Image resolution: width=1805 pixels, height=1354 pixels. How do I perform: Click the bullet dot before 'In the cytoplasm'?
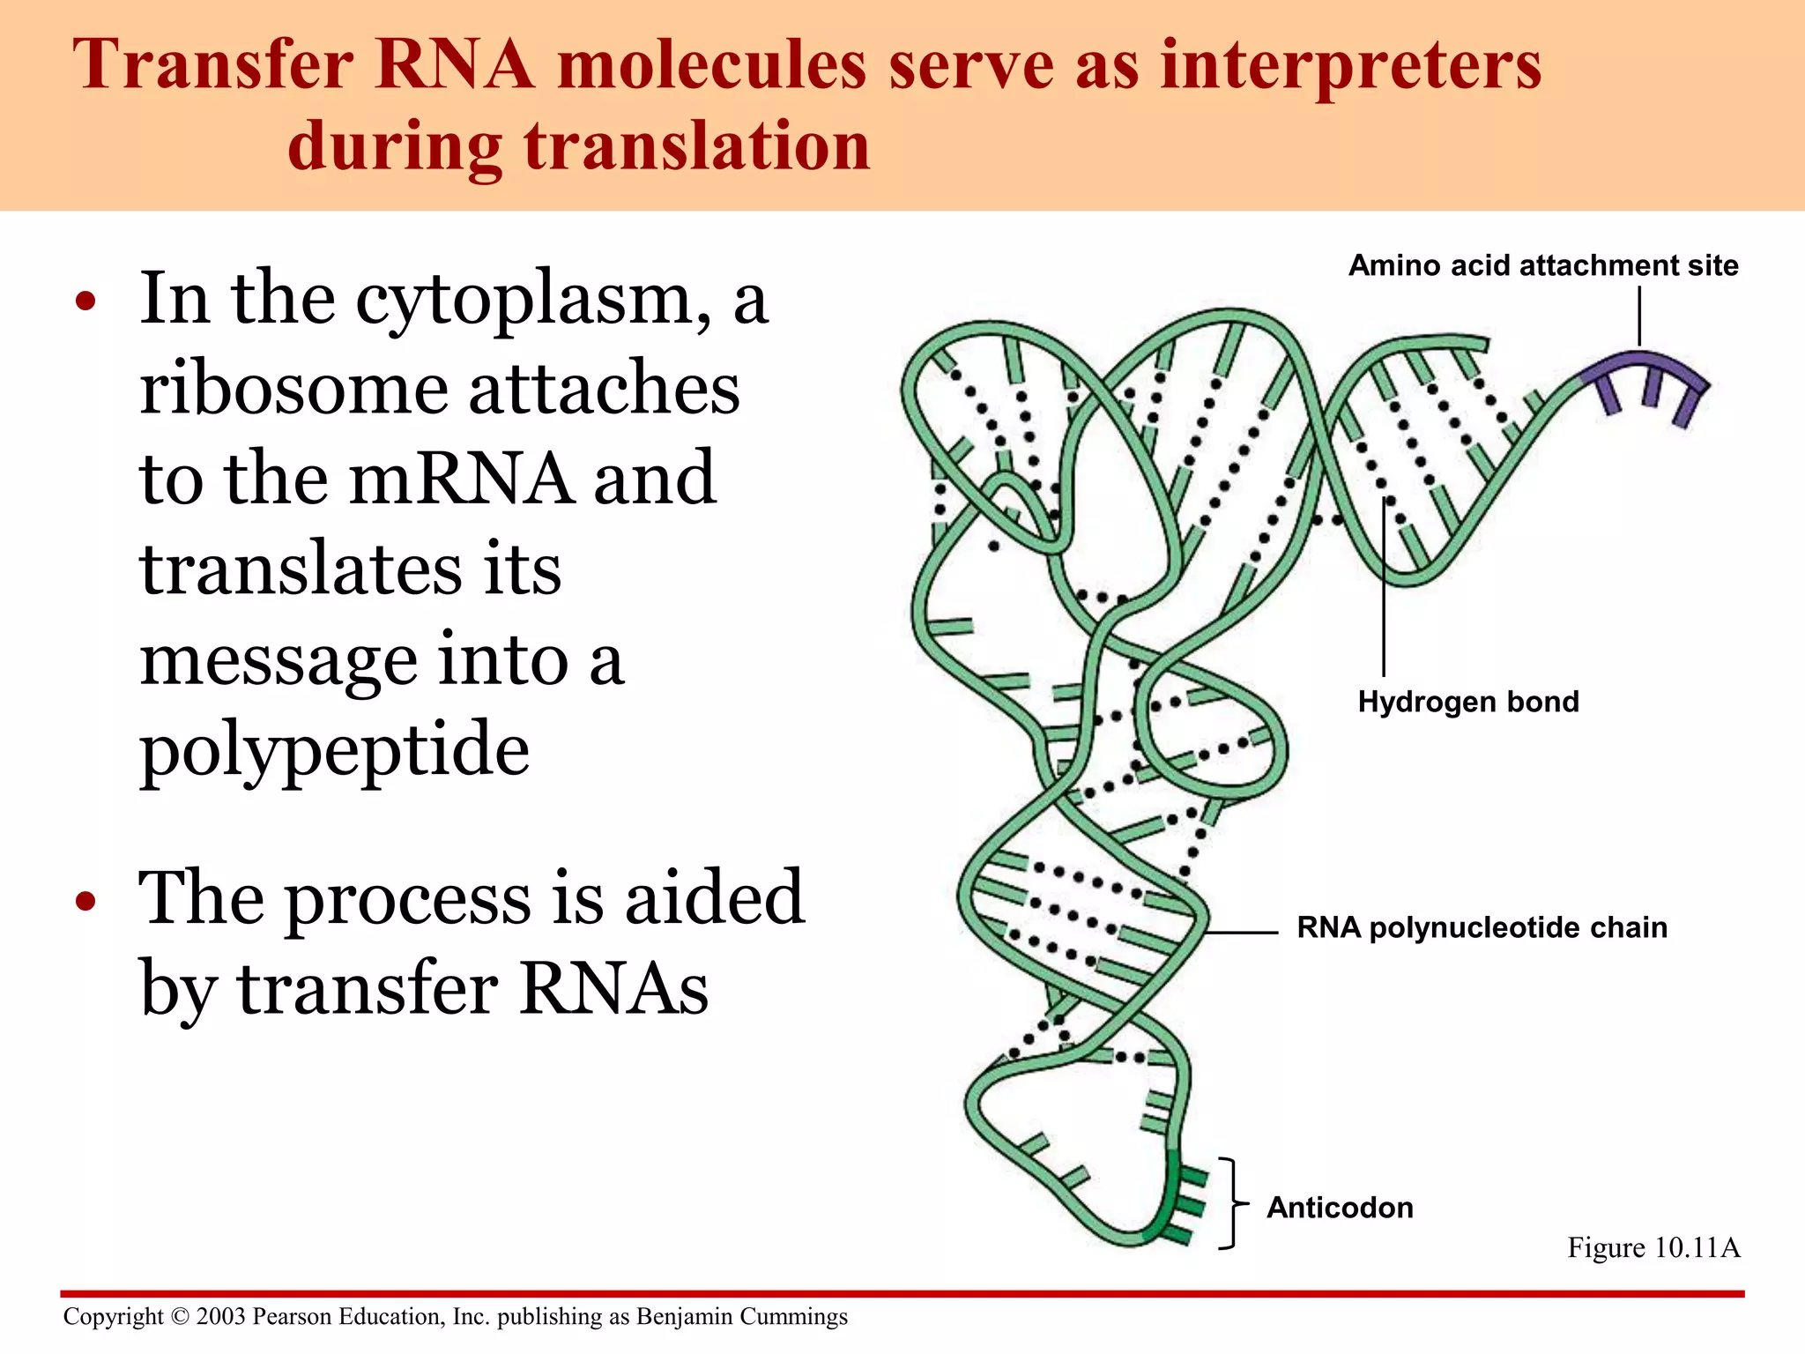(85, 303)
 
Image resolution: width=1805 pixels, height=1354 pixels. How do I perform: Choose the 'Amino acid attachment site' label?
(1542, 266)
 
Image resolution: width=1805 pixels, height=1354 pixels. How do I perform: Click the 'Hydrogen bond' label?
(1467, 703)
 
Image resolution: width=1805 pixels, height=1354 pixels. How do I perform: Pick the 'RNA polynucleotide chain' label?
(1482, 928)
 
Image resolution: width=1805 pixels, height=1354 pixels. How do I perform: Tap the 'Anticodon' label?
(1339, 1208)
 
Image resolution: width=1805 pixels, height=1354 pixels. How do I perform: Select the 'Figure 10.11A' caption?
(1653, 1248)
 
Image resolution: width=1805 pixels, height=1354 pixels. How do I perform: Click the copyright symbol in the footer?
(180, 1317)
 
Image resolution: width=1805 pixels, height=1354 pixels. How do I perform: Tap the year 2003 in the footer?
(220, 1317)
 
